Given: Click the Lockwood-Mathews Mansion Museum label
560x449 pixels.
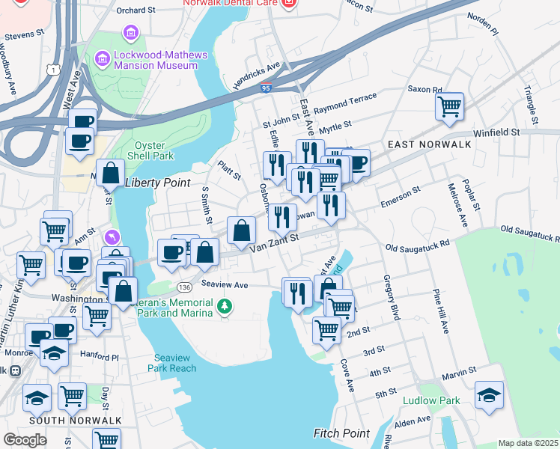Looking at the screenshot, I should coord(156,60).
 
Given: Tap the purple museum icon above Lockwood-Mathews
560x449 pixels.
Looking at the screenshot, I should coord(131,34).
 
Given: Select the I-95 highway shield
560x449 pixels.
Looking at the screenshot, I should coord(267,88).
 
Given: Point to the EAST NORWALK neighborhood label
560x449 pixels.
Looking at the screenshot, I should coord(429,144).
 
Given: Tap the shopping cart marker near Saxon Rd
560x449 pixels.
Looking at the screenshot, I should coord(449,107).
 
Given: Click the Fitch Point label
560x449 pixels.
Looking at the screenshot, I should coord(341,433).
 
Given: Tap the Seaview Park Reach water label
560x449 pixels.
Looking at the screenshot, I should coord(175,362).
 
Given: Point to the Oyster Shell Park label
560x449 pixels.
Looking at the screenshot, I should coord(153,150).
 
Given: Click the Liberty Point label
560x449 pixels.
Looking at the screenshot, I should coord(154,183).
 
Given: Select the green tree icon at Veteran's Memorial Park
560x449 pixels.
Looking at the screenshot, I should coord(223,306).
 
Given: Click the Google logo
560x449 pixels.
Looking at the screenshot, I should coord(25,439).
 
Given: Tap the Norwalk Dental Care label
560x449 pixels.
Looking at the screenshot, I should coord(231,4).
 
